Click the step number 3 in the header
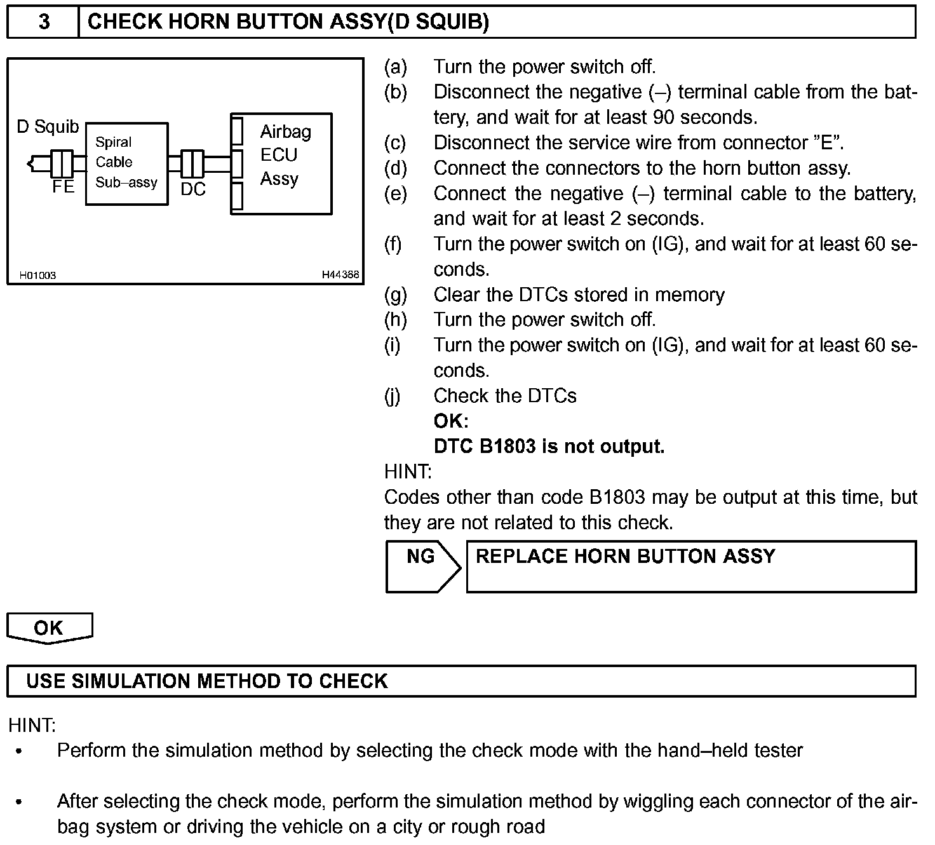43,22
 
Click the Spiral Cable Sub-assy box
126,163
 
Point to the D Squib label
48,127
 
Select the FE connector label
63,187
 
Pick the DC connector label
193,189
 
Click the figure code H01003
37,275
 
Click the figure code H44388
340,275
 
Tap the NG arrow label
420,557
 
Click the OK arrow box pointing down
49,628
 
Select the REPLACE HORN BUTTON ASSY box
691,566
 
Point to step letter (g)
396,295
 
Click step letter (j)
393,396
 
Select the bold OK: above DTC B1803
451,421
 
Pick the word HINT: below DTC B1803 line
408,472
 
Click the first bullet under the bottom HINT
19,752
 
